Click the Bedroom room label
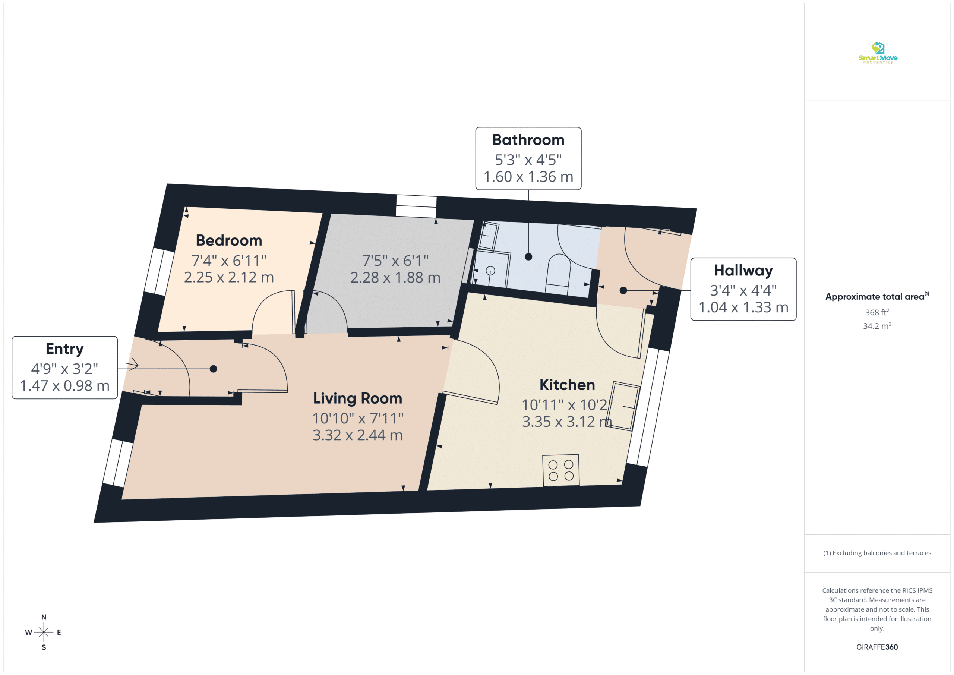click(229, 241)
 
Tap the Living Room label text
click(358, 398)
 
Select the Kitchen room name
click(567, 385)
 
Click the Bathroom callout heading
click(528, 140)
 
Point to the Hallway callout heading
click(743, 271)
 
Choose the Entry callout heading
click(65, 349)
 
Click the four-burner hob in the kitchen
click(561, 470)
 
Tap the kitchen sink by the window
click(622, 406)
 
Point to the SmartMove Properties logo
click(878, 53)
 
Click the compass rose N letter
click(44, 617)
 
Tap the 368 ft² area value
click(877, 312)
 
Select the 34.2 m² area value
click(877, 326)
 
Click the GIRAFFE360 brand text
click(877, 647)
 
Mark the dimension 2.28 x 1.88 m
click(395, 278)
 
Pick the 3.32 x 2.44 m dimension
click(358, 435)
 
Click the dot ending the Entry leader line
click(213, 369)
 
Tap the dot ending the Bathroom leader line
click(528, 257)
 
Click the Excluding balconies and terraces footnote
click(877, 553)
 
